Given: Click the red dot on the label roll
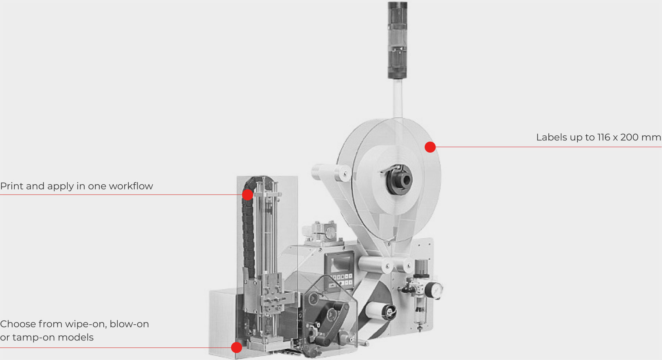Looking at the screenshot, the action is point(430,147).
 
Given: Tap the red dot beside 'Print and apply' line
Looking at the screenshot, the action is point(248,195).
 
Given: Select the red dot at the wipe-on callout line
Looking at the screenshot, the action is point(236,347).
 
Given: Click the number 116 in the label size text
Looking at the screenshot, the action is point(604,137).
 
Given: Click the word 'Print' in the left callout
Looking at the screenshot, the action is point(12,186).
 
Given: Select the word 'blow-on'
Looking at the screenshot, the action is point(129,324).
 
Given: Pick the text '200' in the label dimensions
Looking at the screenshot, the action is point(629,137).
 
